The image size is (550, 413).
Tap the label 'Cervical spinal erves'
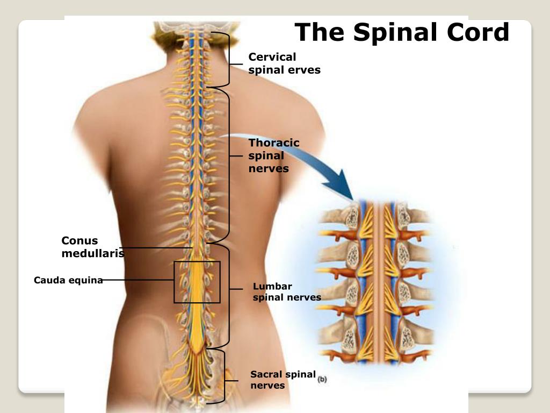284,63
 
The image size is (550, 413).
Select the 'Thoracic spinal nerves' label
273,155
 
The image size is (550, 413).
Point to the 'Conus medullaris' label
92,246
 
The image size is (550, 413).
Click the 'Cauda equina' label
68,280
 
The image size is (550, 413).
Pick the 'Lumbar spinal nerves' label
287,291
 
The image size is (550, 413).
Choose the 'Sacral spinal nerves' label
283,380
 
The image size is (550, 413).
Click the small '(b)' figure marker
322,379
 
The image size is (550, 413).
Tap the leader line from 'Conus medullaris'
156,248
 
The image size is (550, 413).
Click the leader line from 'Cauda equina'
138,280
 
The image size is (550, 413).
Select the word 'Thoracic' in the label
274,143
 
